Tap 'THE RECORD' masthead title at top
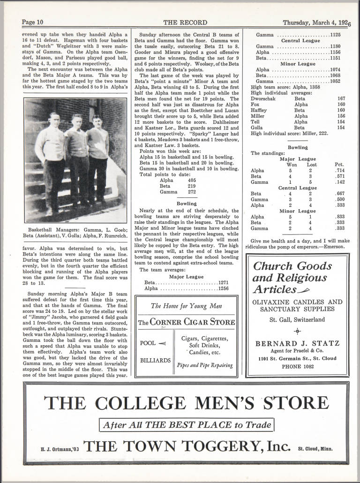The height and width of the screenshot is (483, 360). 180,22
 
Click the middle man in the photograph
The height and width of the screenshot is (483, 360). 78,155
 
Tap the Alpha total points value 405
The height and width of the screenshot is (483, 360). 191,180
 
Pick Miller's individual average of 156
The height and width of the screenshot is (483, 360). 341,116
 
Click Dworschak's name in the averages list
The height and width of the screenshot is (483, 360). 264,99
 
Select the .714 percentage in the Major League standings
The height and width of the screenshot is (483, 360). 340,171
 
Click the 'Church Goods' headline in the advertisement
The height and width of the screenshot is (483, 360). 292,266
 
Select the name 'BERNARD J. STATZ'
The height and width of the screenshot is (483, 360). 298,344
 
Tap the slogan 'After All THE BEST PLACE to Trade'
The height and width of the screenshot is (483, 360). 186,425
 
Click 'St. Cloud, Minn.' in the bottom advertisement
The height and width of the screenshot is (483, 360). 315,448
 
